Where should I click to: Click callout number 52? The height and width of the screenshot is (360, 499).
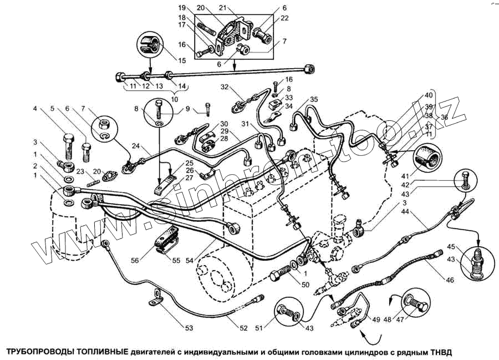pos(243,328)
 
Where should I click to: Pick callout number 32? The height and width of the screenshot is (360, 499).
pos(225,87)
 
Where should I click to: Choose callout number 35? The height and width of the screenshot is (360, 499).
pos(314,99)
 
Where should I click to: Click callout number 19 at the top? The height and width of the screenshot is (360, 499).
pos(182,8)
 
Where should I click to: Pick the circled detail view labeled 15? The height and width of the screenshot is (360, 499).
pos(149,44)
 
